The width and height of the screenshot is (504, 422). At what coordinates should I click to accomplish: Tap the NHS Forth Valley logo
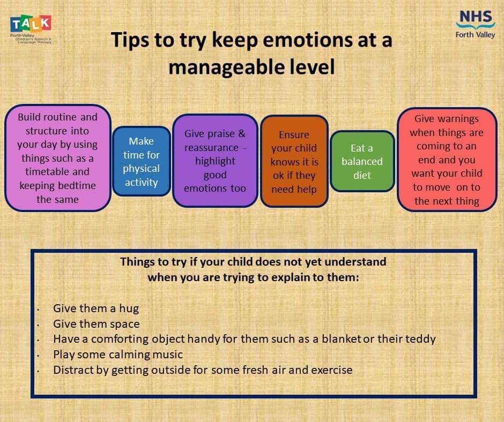tap(475, 25)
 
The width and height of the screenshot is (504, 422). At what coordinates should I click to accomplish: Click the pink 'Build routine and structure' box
tap(58, 158)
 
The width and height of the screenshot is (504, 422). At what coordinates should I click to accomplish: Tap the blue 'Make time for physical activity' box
tap(142, 162)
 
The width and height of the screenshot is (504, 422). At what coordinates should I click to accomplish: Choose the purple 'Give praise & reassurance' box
tap(215, 161)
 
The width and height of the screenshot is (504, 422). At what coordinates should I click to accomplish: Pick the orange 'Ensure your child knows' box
tap(294, 162)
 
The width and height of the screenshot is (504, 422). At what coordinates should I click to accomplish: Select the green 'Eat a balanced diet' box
tap(362, 161)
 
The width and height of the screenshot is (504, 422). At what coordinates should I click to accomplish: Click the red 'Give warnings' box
tap(447, 160)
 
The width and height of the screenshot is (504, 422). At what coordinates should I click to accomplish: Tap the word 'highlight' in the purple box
tap(215, 161)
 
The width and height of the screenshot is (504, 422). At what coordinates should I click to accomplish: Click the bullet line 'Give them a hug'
tap(96, 308)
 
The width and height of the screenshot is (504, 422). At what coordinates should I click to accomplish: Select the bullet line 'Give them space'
tap(97, 324)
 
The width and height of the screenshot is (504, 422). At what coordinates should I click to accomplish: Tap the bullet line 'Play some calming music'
tap(118, 355)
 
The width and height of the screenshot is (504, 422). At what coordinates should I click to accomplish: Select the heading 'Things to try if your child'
tap(253, 262)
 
